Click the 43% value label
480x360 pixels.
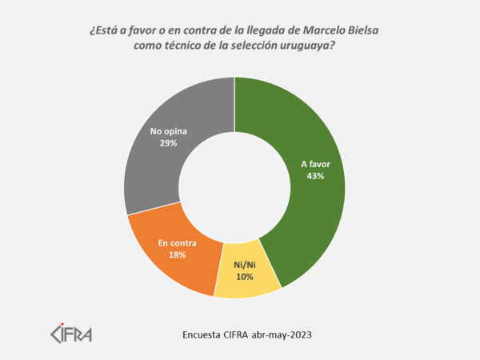pos(315,176)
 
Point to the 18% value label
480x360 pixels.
pos(177,254)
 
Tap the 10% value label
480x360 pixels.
pos(244,277)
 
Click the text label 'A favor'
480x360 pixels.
pos(315,164)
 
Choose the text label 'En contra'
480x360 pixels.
pos(177,243)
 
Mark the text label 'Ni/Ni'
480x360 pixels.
pos(244,265)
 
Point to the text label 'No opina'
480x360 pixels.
pos(167,130)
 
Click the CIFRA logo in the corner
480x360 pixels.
pos(71,332)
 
